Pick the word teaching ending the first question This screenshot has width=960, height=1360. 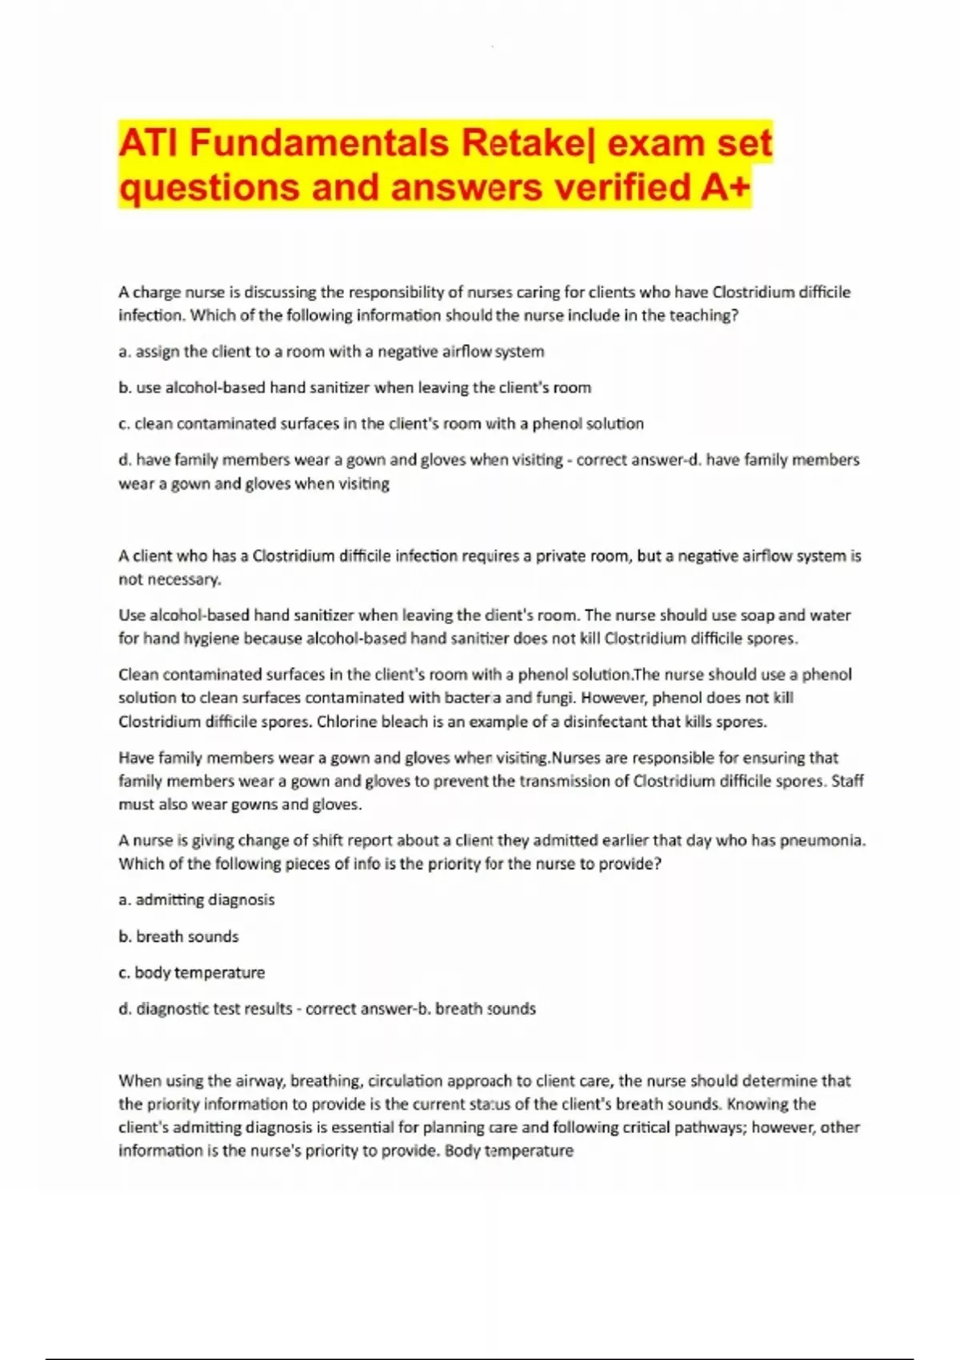[x=706, y=315]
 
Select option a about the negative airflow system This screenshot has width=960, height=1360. [x=331, y=352]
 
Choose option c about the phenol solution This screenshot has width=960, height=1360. [x=381, y=424]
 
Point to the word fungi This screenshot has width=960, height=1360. [x=555, y=698]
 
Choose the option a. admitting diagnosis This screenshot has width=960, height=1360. [x=196, y=900]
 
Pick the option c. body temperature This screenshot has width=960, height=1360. [x=191, y=973]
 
